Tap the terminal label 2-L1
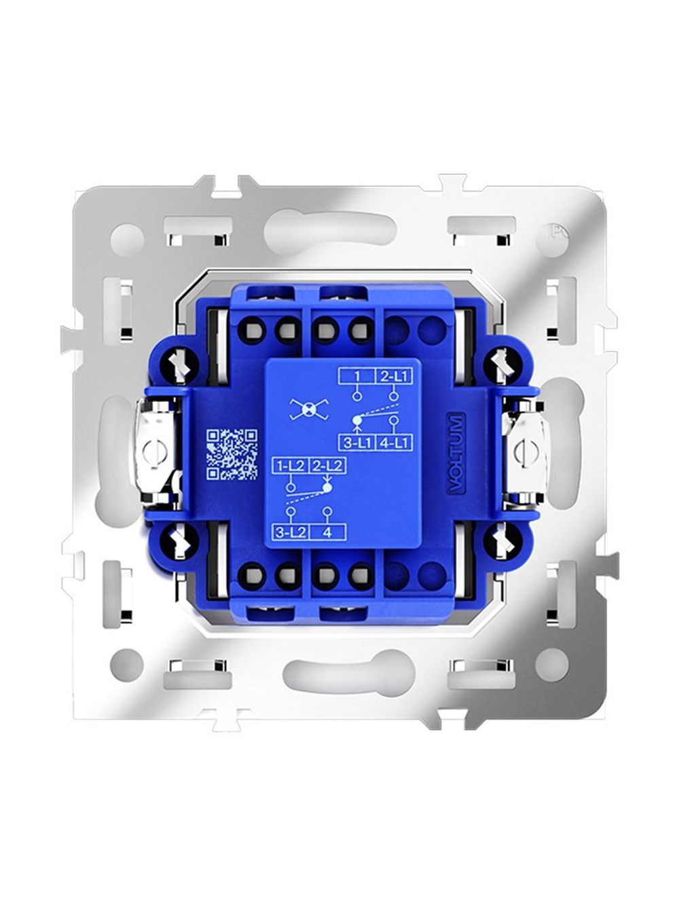394,376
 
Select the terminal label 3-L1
357,443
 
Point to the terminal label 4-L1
394,443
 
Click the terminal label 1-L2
290,466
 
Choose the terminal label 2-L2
327,466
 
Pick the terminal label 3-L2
290,532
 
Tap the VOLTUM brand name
456,453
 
